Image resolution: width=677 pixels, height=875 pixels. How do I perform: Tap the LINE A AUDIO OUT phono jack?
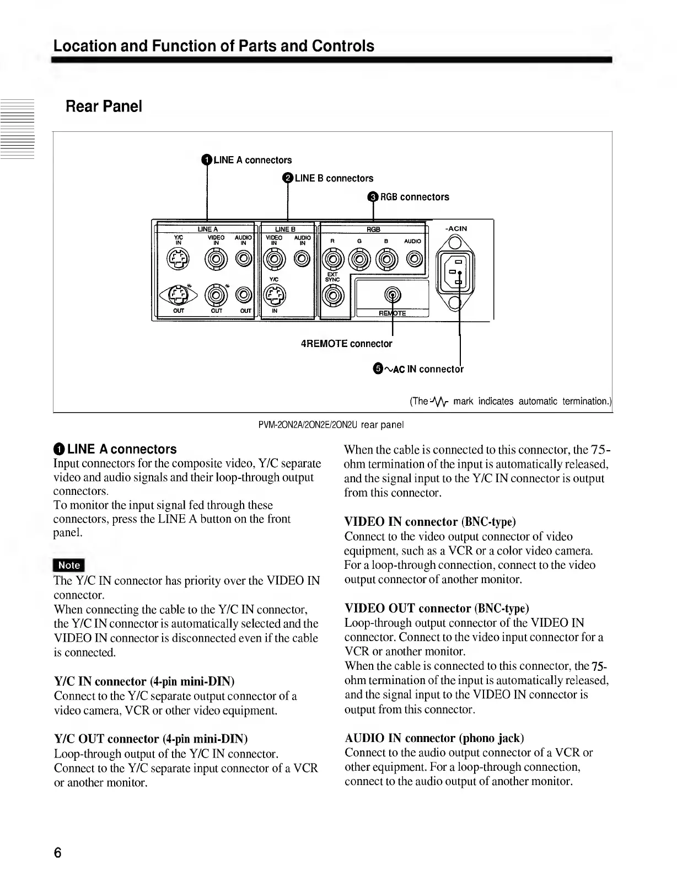244,296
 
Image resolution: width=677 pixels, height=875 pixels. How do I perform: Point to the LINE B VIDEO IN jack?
274,258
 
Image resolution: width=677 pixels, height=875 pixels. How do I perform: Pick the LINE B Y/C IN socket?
274,296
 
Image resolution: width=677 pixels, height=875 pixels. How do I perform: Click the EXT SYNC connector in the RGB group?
332,296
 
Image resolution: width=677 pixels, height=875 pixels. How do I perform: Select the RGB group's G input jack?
359,258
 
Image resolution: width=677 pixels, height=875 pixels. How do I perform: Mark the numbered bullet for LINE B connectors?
288,178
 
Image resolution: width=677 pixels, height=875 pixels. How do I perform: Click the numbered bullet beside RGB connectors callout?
373,197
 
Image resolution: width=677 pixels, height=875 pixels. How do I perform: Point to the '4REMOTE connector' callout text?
346,344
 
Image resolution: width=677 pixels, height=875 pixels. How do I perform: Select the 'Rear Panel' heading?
104,106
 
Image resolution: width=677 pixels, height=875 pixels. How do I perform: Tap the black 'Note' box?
69,565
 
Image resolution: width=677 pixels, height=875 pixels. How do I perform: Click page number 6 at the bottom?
57,852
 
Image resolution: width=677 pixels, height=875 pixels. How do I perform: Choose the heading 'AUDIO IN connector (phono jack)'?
434,738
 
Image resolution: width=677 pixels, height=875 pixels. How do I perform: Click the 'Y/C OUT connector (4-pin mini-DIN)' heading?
151,739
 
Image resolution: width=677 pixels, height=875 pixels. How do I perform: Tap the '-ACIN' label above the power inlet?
456,228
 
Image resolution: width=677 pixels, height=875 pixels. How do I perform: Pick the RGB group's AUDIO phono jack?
415,258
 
